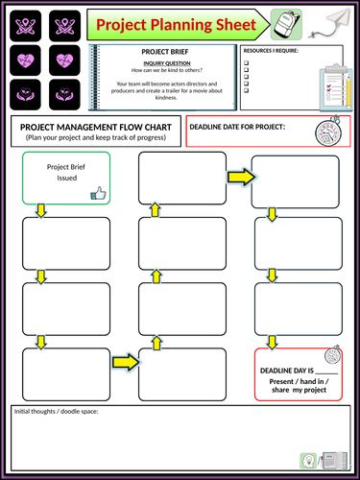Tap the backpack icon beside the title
coord(286,24)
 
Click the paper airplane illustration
coord(329,23)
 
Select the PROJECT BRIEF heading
coord(165,52)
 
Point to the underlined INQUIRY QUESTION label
coord(167,63)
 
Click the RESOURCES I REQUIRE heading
coord(271,51)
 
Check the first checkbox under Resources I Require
coord(246,62)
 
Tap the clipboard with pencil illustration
coord(336,87)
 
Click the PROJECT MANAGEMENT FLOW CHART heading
coord(96,128)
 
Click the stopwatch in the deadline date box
coord(328,131)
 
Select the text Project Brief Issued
coord(66,172)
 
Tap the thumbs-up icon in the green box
coord(98,193)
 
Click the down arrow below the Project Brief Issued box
coord(41,210)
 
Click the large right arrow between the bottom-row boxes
coord(126,362)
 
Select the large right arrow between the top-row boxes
coord(242,177)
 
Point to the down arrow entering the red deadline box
coord(272,342)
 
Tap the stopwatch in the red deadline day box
coord(332,354)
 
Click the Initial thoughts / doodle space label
coord(56,412)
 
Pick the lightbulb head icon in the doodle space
coord(308,461)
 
